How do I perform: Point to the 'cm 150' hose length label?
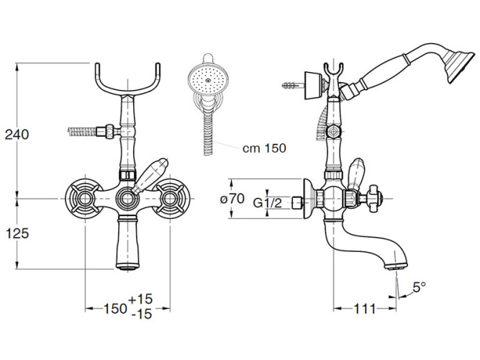(264, 148)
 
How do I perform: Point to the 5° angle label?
(418, 286)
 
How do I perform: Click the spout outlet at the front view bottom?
(127, 268)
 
